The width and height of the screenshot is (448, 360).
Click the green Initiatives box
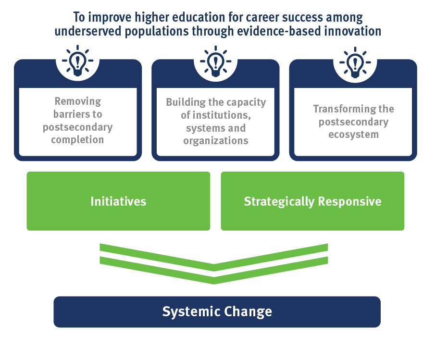118,201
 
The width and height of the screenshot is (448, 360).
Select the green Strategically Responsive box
312,201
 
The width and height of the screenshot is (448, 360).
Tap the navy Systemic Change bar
217,311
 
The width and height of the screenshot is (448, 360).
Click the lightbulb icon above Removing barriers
77,61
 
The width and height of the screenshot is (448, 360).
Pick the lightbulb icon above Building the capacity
215,61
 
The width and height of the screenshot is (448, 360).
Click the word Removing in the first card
78,101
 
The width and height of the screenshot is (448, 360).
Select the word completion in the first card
77,140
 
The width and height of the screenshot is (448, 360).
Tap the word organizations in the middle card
216,141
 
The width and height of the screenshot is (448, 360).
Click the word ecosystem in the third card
353,134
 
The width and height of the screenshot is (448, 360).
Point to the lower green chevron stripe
214,273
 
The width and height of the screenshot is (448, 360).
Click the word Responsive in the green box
348,201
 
